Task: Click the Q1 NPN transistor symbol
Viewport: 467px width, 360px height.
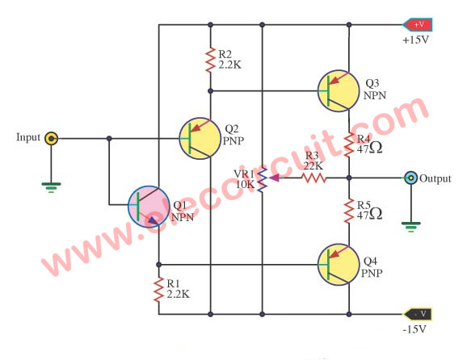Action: point(149,207)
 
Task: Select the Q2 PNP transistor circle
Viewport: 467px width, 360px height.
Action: point(200,138)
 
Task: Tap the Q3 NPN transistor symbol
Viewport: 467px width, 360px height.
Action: point(339,90)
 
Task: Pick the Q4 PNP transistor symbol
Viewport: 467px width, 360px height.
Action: point(339,265)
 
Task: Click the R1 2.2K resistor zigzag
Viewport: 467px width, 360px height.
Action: point(158,290)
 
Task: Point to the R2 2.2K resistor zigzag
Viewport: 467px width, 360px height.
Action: point(210,60)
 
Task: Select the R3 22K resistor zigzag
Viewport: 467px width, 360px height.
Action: point(314,178)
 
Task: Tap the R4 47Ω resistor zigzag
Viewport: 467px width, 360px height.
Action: point(349,145)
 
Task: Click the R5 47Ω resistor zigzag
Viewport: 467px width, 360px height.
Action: point(349,211)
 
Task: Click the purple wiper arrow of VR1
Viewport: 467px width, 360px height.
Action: point(274,178)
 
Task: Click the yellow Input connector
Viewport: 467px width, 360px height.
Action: point(51,138)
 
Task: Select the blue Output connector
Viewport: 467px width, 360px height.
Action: point(411,178)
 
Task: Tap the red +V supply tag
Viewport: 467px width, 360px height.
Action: point(418,24)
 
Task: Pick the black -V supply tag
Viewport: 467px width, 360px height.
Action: point(417,314)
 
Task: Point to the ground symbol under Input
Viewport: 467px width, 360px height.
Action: point(51,188)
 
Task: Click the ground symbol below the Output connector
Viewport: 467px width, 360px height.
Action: point(411,227)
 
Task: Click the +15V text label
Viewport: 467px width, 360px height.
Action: point(415,40)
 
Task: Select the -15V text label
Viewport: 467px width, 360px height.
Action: point(414,329)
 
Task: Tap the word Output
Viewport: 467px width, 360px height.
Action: point(435,178)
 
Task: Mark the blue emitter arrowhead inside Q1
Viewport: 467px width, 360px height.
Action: point(152,220)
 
